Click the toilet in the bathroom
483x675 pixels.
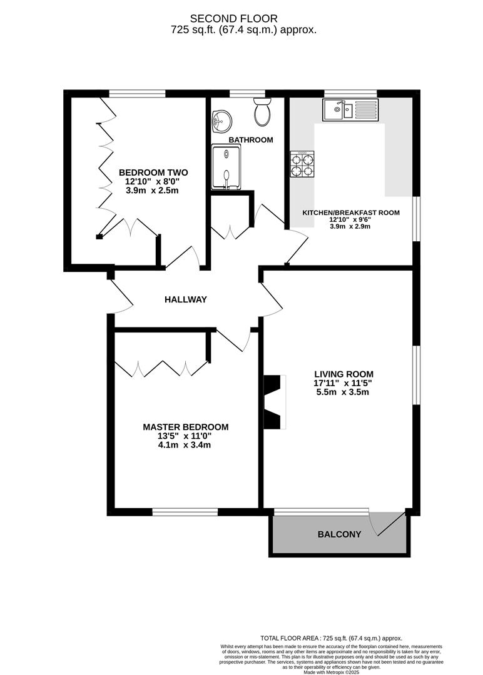point(262,112)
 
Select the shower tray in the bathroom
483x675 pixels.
point(226,166)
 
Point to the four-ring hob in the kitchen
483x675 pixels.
point(302,165)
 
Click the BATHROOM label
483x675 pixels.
point(250,140)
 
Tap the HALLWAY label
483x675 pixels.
point(186,300)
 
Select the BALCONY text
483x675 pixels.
point(340,534)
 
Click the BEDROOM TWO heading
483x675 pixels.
point(153,172)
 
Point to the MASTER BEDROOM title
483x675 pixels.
point(186,427)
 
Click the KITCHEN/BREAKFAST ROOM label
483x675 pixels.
point(351,212)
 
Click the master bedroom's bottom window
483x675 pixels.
point(185,512)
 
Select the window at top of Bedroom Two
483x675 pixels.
point(138,94)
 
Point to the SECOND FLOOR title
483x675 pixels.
point(243,19)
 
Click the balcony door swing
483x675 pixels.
point(387,524)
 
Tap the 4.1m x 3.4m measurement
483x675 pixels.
point(186,445)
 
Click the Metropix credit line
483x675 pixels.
point(331,672)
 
